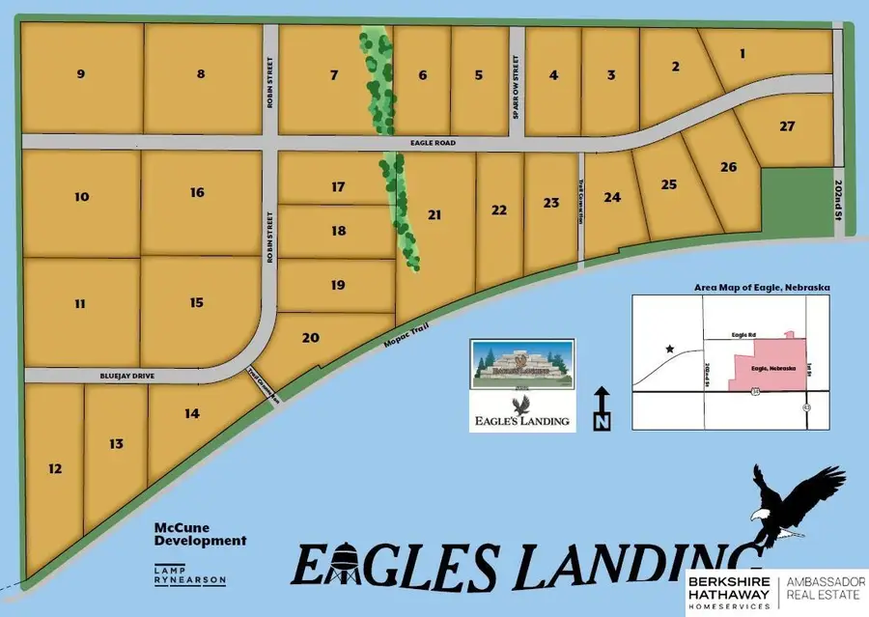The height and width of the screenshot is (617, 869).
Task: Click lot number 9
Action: [x=80, y=73]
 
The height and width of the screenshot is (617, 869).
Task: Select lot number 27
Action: [x=788, y=126]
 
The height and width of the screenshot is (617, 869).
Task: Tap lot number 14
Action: [x=192, y=414]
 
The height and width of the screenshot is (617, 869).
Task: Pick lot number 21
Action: [x=434, y=215]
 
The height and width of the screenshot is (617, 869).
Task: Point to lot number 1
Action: [x=743, y=54]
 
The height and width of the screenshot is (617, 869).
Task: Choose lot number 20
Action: [x=310, y=337]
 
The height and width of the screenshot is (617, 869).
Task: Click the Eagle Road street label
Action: [x=458, y=143]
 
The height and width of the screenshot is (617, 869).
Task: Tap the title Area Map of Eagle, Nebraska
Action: [x=762, y=288]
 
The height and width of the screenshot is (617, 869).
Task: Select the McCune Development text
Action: [x=200, y=534]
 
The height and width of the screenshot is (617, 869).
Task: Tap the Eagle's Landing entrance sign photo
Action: [x=521, y=363]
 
